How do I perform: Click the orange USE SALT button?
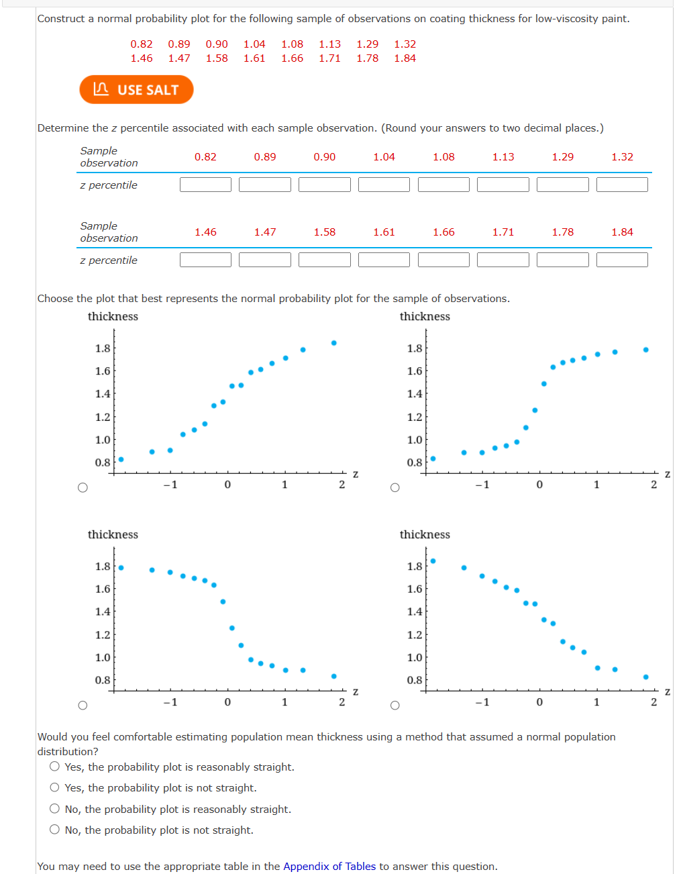pos(136,90)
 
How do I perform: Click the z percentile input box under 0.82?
pos(205,185)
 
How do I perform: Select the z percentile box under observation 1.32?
pos(622,185)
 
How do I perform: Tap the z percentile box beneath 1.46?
pos(205,260)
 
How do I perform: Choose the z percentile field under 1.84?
pos(622,260)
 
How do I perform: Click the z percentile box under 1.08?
pos(443,185)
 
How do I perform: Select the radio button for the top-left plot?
pos(83,487)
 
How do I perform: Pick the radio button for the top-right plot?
pos(395,487)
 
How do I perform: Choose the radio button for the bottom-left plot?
pos(83,705)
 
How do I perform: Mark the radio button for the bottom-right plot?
pos(395,705)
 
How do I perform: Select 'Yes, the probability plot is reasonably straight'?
pos(55,767)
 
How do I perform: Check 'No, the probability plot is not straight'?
pos(55,830)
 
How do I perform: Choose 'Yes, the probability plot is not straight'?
pos(55,787)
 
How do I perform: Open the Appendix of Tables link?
pos(329,866)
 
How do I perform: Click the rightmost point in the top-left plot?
pos(334,343)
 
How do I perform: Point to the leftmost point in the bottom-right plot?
pos(433,561)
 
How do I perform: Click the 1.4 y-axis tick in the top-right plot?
pos(415,394)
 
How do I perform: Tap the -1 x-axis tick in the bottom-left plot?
pos(170,702)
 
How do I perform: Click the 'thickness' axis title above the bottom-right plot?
pos(425,534)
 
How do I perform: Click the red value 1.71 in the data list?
pos(329,58)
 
